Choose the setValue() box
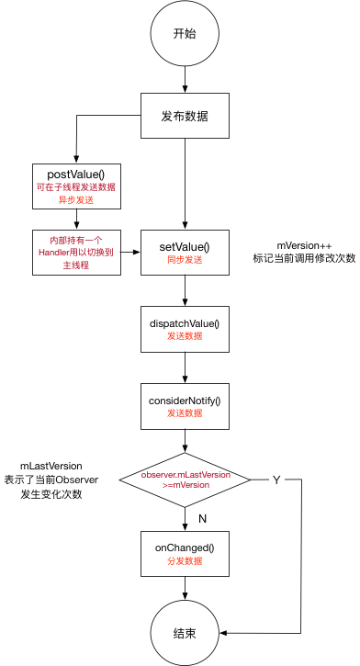pos(185,252)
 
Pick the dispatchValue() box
pos(185,329)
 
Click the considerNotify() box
pos(185,405)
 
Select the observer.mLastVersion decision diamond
pos(185,480)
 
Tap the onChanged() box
pos(185,555)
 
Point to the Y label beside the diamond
pos(276,480)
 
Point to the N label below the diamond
pos(202,519)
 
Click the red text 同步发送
pos(185,260)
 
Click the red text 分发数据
pos(185,563)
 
